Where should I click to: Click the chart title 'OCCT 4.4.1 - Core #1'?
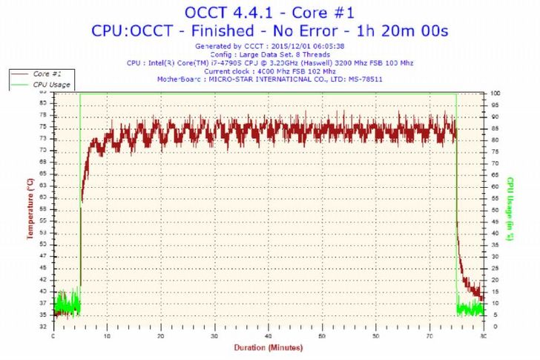pos(269,13)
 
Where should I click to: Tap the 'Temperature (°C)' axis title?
pos(30,209)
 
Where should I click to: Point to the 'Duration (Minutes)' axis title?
pos(268,347)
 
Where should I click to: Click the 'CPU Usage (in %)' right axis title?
pos(510,209)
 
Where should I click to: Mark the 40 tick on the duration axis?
pos(269,336)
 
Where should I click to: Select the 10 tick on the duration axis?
pos(108,336)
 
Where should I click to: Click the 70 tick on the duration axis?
pos(429,336)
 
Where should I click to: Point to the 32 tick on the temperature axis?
pos(42,326)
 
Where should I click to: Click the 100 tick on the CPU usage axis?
pos(495,93)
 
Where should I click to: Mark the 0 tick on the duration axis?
pos(53,336)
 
